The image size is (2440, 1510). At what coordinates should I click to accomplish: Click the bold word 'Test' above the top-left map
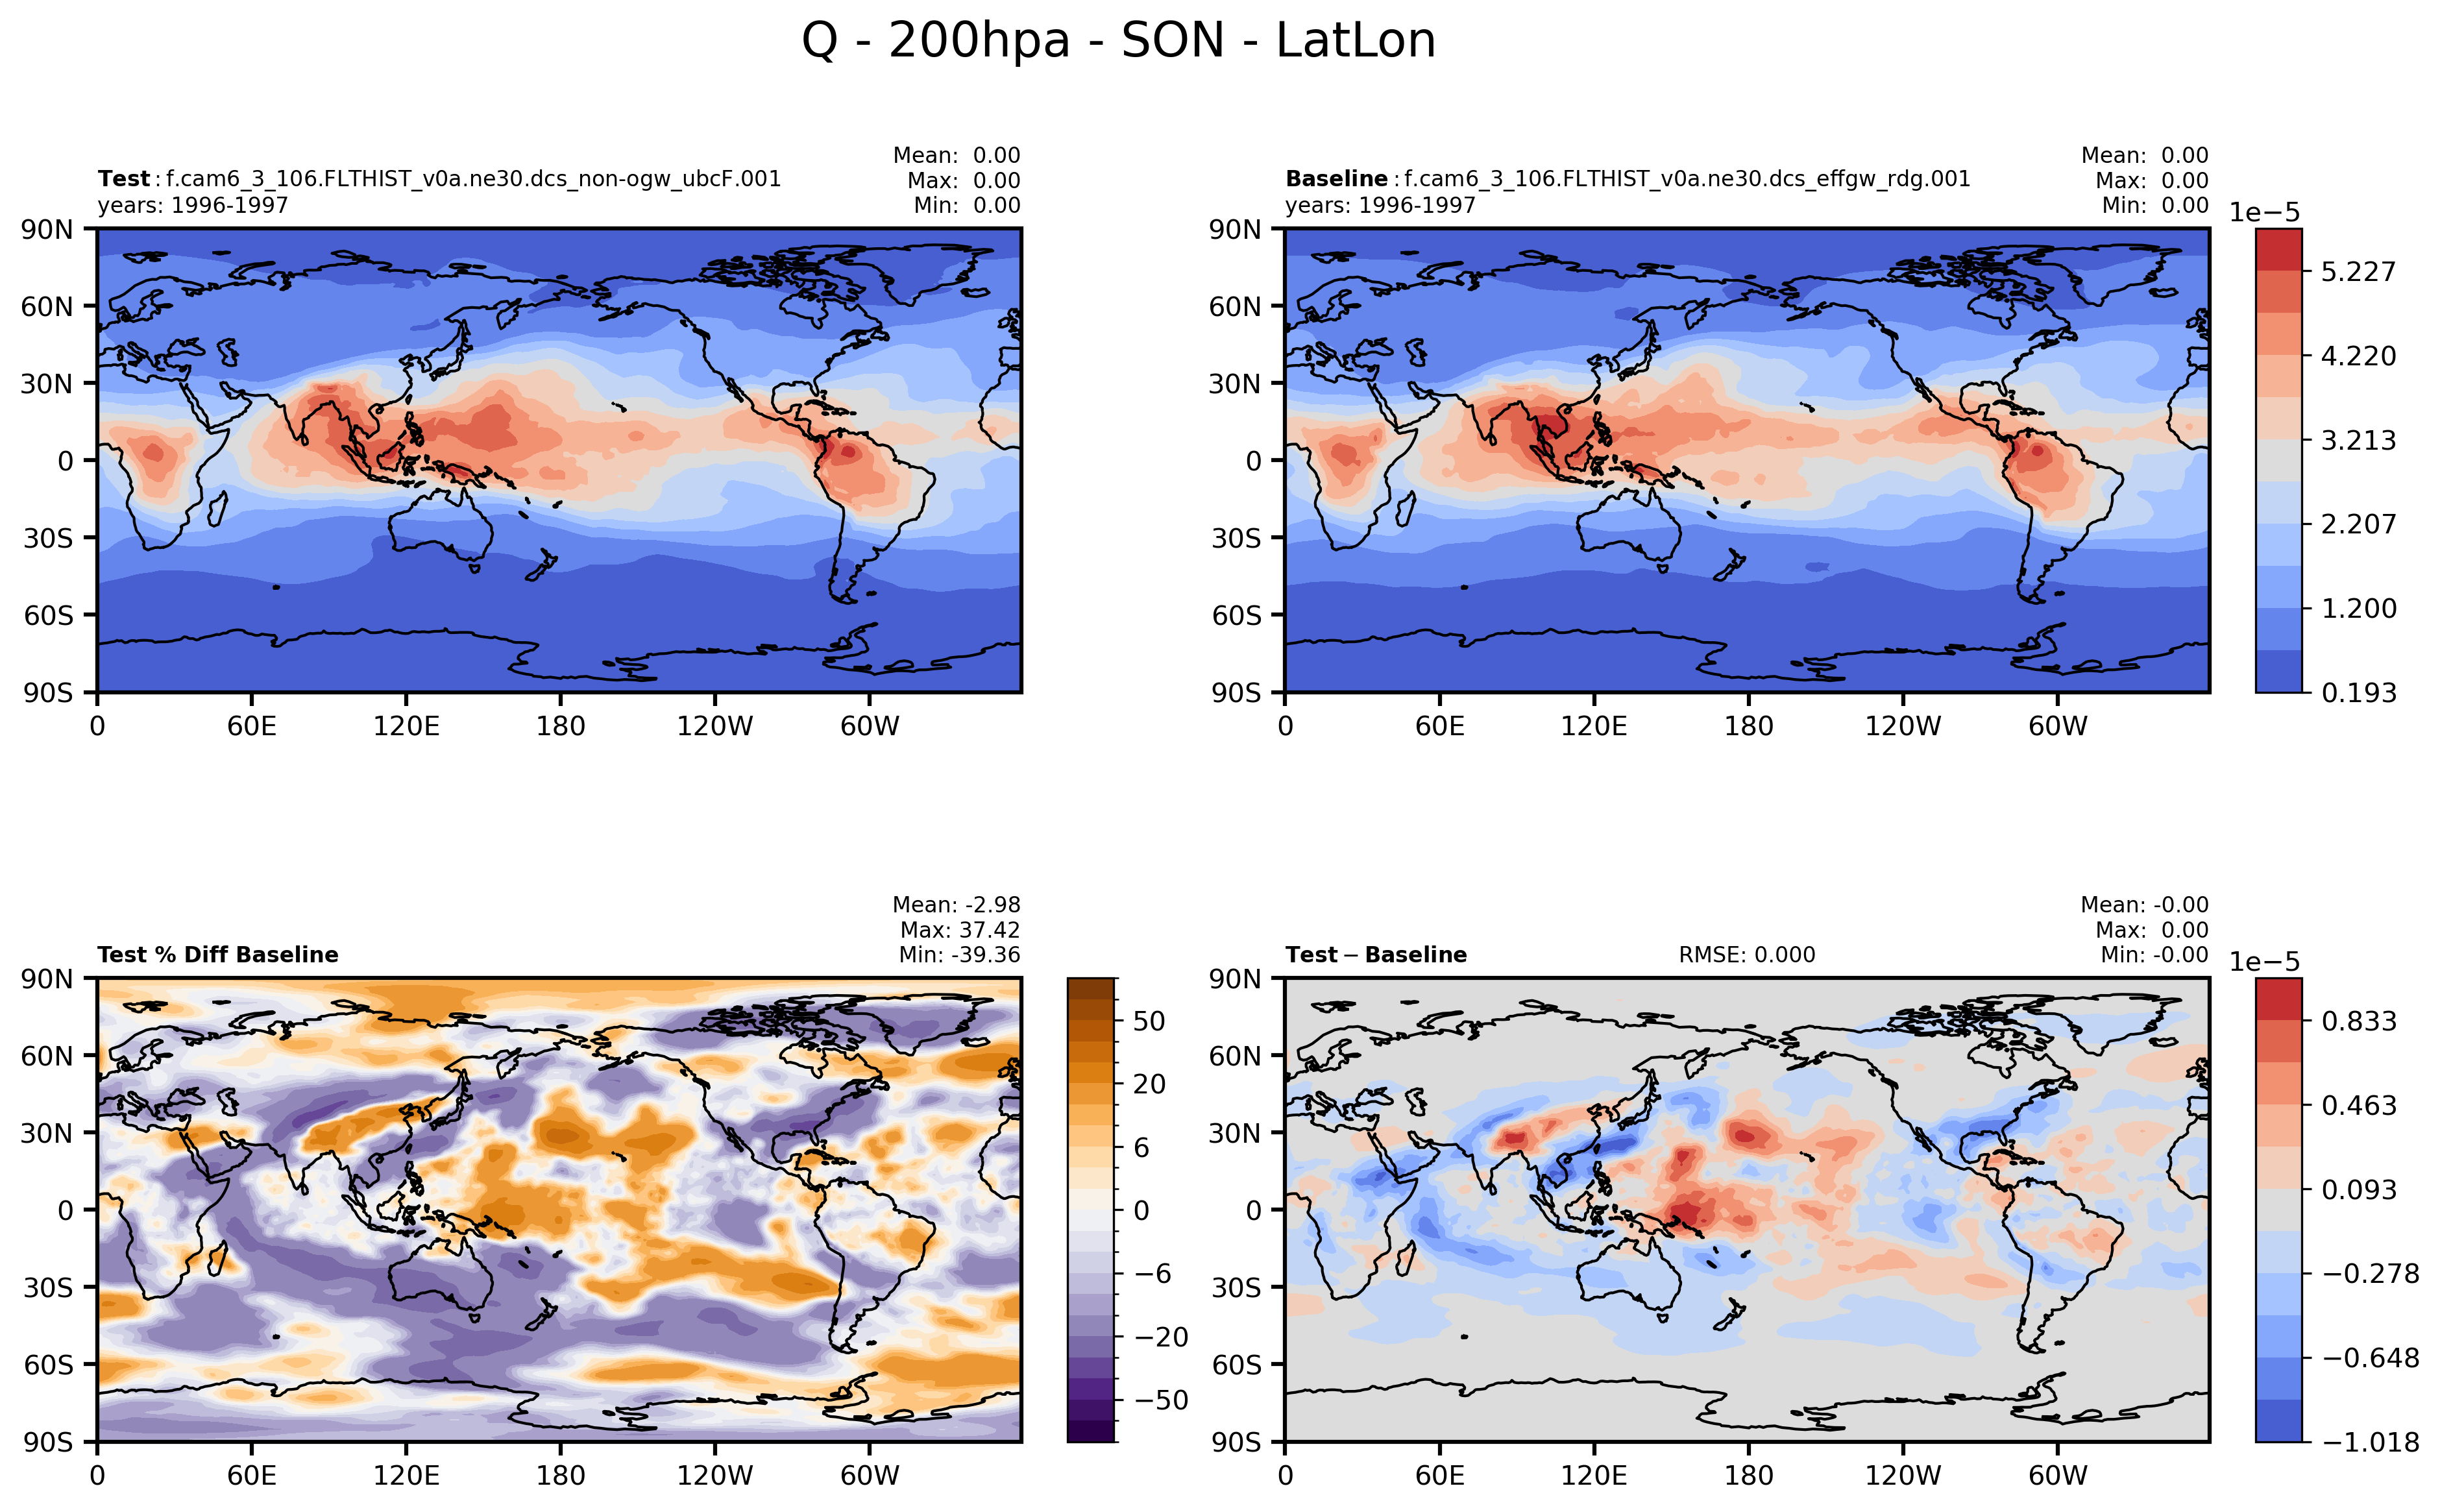(123, 178)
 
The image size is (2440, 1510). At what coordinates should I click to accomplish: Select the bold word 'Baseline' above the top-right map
(1336, 178)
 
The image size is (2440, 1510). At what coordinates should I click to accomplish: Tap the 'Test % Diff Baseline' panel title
(218, 955)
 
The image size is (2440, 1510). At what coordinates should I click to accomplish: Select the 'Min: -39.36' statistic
(959, 955)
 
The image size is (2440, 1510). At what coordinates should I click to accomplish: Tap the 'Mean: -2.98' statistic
(956, 905)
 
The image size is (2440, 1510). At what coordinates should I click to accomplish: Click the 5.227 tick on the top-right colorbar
(2357, 272)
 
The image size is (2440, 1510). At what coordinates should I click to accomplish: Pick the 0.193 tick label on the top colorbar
(2357, 693)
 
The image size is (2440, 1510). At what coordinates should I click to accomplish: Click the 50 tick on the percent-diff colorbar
(1149, 1021)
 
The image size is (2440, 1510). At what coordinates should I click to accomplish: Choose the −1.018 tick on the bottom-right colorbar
(2369, 1442)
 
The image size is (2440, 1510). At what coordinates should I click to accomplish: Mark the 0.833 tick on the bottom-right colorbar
(2357, 1021)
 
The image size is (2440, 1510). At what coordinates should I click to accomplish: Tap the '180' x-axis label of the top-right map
(1748, 726)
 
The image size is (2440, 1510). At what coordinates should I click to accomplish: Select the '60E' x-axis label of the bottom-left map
(252, 1475)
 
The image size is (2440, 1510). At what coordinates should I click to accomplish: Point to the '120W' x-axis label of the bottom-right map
(1903, 1475)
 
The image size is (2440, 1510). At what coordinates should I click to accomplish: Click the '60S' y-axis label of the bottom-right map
(1236, 1364)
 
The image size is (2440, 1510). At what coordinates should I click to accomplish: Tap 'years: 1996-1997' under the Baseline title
(1379, 204)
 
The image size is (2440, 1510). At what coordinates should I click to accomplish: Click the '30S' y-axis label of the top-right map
(1236, 539)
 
